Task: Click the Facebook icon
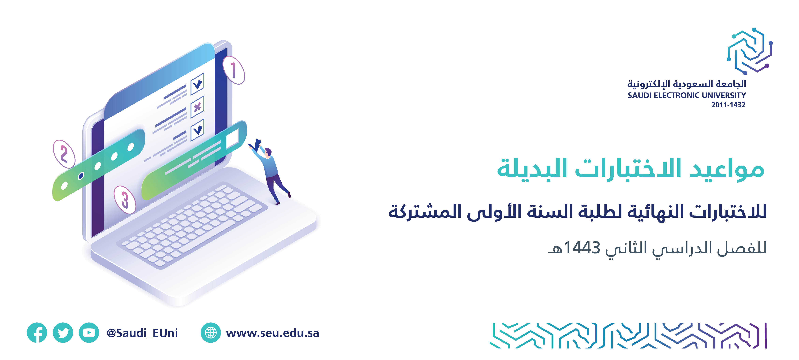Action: [x=37, y=333]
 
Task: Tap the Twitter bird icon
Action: [x=63, y=333]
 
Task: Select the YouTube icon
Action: [x=89, y=333]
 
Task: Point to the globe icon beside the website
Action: [x=211, y=333]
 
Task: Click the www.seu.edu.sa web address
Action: [x=272, y=333]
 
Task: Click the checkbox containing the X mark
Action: [x=197, y=107]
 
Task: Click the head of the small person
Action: [x=268, y=152]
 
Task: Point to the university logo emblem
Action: [x=750, y=51]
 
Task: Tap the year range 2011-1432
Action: [x=728, y=105]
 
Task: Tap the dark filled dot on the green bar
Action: [x=81, y=176]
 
